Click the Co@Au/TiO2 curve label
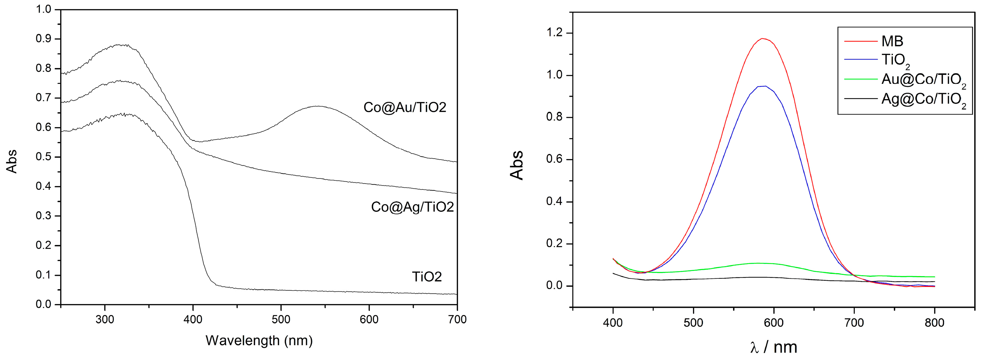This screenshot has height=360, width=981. pos(405,107)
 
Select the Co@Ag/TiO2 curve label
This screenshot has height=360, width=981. pos(412,207)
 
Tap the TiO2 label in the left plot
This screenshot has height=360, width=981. pos(427,276)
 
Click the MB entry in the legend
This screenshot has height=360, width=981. pos(892,41)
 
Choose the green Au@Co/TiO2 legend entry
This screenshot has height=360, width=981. pos(923,80)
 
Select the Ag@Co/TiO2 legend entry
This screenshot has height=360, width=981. pos(923,100)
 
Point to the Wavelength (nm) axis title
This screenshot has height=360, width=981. pos(259,340)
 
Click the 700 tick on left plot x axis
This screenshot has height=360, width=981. pos(457,319)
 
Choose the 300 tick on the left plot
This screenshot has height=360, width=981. pos(105,319)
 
